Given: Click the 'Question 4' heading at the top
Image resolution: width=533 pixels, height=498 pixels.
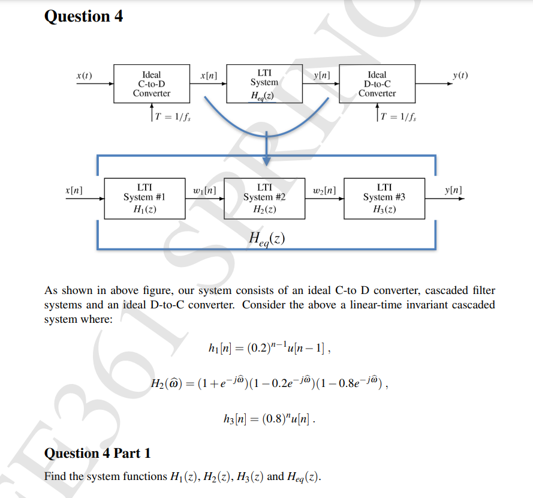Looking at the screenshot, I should pos(84,17).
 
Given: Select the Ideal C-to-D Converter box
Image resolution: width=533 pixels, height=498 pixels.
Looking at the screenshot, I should pos(151,84).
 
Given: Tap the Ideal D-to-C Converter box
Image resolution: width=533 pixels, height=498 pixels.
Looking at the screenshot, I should pos(377,84).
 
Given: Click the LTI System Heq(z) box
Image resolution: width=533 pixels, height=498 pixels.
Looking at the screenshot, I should pos(264,84).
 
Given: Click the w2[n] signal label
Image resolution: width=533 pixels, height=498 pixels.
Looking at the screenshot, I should pos(324,191).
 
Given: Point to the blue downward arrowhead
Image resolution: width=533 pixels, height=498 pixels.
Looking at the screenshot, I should pos(266,159).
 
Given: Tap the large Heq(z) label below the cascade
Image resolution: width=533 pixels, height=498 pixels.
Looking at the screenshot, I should pos(266,238).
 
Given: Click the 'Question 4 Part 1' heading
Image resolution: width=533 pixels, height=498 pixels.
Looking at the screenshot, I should pos(98,454).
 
